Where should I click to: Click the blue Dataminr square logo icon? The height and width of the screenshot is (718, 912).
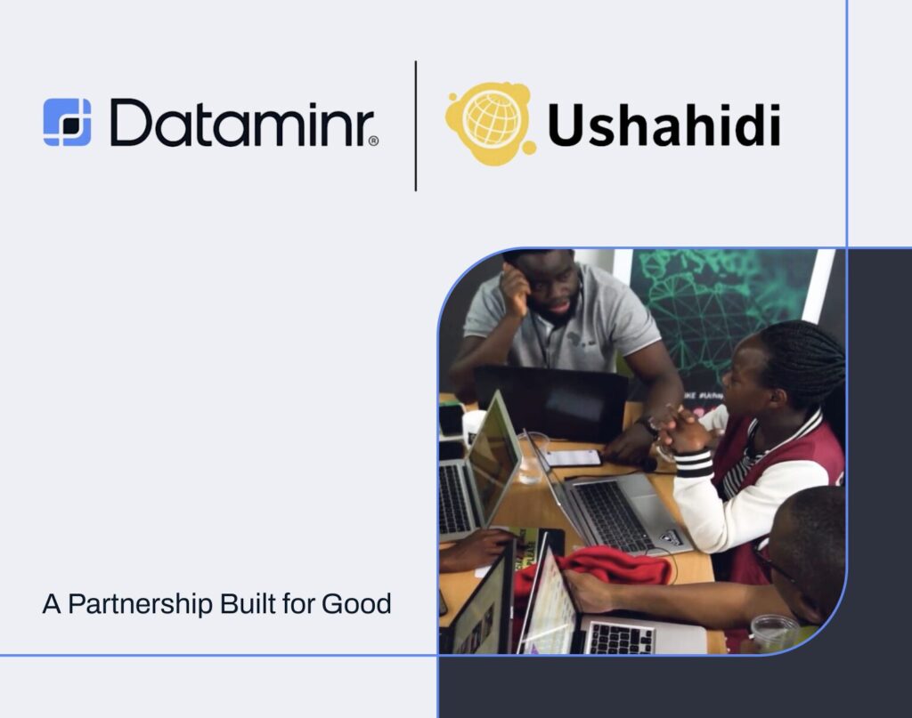[x=67, y=122]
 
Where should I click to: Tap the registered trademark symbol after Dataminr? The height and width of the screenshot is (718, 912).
[x=373, y=141]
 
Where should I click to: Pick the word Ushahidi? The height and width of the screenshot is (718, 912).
[x=664, y=125]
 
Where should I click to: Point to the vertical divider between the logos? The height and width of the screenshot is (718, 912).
[x=416, y=125]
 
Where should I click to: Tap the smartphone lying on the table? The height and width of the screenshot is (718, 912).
[x=573, y=457]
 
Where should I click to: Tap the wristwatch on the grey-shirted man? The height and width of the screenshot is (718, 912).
[x=648, y=425]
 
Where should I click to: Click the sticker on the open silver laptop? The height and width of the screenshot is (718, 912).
[x=669, y=537]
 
